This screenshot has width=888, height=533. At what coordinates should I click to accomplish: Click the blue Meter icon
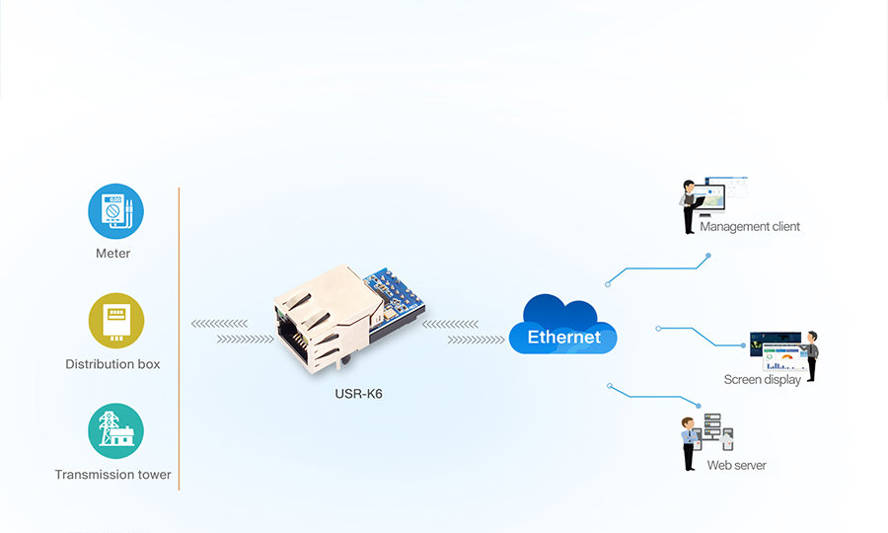(x=115, y=211)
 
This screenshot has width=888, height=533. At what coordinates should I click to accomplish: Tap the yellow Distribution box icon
(x=115, y=321)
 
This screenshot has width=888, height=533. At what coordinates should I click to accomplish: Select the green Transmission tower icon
(x=115, y=431)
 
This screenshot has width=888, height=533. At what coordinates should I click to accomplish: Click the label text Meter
(x=112, y=254)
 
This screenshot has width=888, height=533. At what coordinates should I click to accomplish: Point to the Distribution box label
(x=112, y=364)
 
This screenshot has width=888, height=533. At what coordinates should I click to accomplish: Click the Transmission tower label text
(x=112, y=475)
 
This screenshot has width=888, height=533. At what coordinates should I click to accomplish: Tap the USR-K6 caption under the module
(x=358, y=394)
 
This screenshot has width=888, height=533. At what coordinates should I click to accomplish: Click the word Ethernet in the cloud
(x=563, y=338)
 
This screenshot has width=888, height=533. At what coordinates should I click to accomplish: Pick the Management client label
(x=749, y=227)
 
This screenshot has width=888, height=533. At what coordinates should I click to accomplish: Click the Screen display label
(x=762, y=380)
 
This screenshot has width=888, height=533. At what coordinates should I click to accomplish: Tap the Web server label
(x=736, y=466)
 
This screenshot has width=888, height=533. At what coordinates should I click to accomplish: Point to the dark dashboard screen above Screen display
(x=776, y=350)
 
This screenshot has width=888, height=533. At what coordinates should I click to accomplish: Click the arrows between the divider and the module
(x=232, y=332)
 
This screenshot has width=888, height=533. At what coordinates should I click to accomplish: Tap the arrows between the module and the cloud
(x=463, y=332)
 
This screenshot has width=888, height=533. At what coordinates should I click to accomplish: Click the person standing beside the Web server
(x=689, y=443)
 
